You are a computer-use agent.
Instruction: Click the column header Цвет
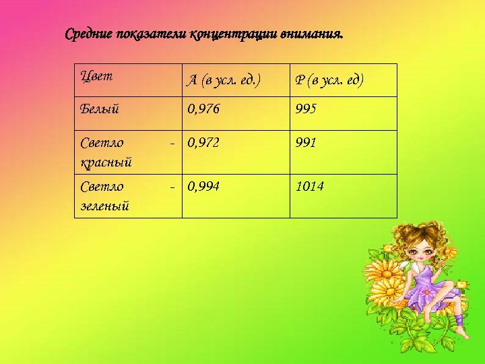(x=96, y=75)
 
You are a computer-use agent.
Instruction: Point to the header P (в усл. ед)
(x=329, y=81)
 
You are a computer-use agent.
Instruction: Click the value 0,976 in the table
(x=203, y=107)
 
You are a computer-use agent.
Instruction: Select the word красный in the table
(x=106, y=162)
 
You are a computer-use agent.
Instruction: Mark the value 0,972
(x=203, y=143)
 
